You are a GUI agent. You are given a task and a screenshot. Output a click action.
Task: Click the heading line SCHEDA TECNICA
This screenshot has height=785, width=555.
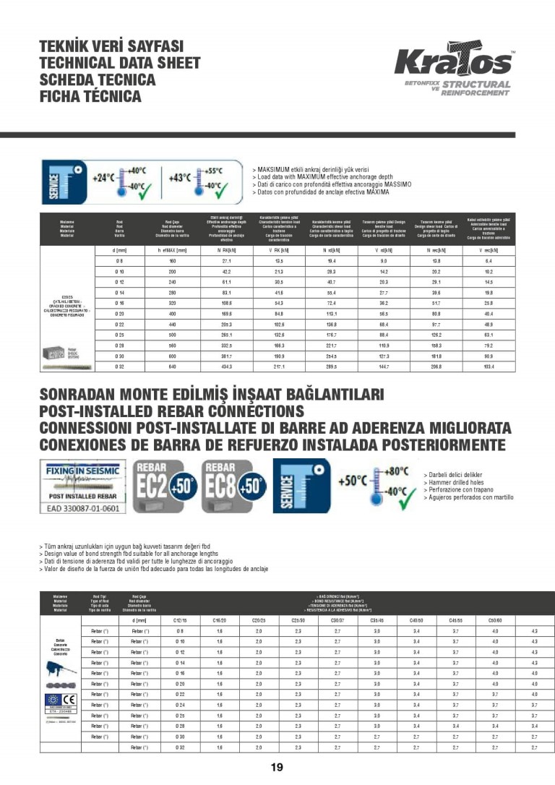point(98,80)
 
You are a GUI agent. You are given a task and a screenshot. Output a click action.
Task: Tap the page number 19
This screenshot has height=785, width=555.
point(277,768)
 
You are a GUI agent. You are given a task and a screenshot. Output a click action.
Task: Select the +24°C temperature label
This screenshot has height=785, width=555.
point(104,177)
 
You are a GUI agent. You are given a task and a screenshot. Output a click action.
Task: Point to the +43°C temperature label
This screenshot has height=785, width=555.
point(179,177)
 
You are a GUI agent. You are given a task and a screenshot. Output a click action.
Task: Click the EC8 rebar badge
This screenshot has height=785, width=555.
point(234,486)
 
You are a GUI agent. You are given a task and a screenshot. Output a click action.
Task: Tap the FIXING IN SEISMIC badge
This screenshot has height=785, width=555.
point(82,470)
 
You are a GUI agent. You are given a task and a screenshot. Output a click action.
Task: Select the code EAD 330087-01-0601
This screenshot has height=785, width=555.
point(82,508)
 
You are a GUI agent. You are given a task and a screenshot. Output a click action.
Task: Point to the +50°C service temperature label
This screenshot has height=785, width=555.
point(355,481)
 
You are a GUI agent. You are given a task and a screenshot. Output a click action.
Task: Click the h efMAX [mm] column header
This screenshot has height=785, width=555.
point(172,250)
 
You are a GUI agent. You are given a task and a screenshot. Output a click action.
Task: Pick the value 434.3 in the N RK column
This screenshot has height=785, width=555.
point(226,368)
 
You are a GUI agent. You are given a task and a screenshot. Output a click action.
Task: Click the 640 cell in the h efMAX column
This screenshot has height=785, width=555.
point(172,368)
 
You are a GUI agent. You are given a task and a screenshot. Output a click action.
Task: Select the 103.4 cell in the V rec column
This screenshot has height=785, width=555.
point(489,368)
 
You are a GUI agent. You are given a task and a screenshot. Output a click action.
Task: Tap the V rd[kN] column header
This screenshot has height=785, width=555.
point(382,250)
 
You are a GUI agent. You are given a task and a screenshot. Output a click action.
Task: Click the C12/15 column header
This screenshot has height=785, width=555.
point(180,620)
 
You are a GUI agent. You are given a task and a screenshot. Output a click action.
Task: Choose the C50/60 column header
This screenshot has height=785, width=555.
point(495,620)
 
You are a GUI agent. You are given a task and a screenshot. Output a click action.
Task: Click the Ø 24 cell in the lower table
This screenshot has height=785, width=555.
point(180,704)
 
